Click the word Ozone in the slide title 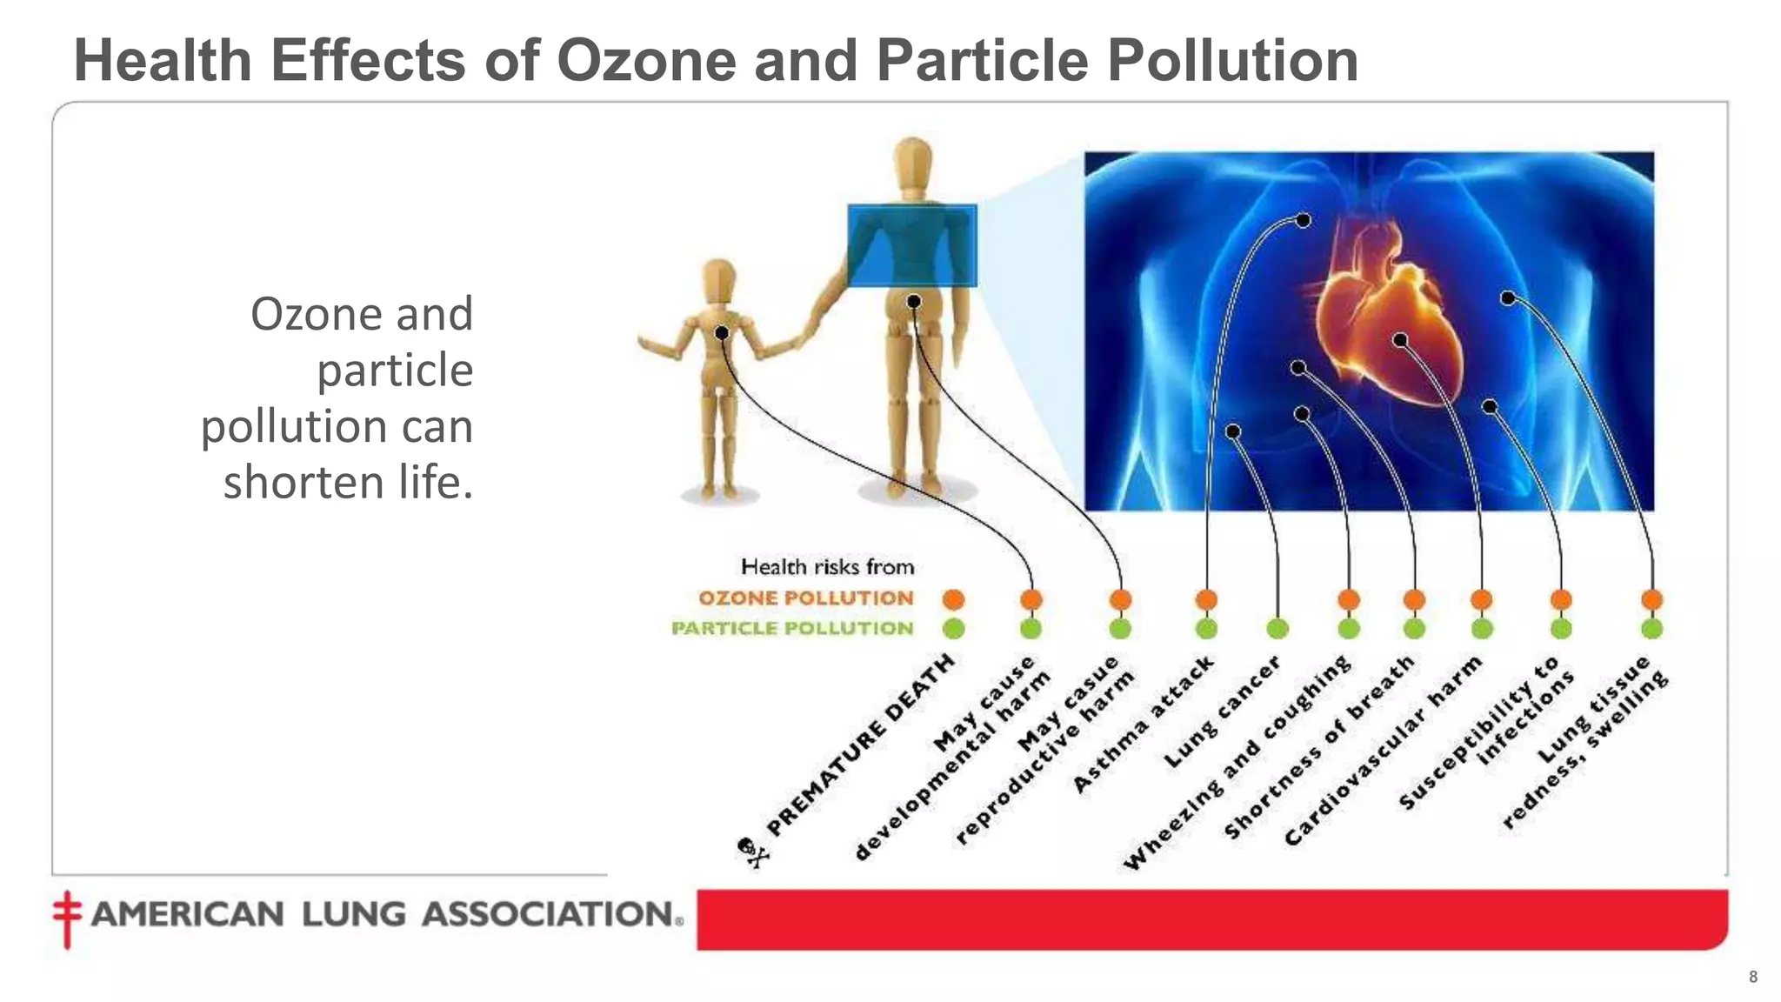(645, 61)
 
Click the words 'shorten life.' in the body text (348, 483)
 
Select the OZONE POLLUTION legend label (806, 598)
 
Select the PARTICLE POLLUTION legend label (792, 628)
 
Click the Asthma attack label (1143, 725)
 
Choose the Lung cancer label (1222, 712)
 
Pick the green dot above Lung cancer (1277, 628)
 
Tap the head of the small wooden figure (719, 279)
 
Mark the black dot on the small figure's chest (722, 333)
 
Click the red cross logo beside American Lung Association (67, 918)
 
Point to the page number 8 (1753, 977)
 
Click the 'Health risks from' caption (827, 567)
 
